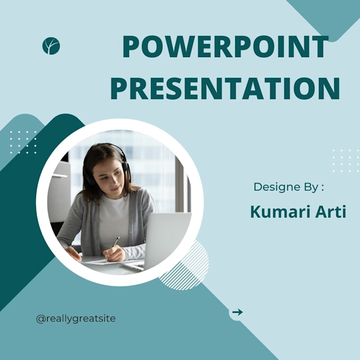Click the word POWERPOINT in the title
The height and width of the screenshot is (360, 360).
pos(225,47)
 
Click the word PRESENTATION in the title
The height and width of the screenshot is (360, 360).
pos(225,88)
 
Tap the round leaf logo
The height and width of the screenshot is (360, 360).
pos(51,46)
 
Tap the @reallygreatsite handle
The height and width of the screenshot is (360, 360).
pos(76,318)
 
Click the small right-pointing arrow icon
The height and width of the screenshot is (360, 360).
pos(237,312)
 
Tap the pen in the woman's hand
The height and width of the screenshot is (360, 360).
pos(115,242)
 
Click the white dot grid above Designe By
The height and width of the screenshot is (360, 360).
pos(345,160)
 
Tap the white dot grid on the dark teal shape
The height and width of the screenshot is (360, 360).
pos(23,142)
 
